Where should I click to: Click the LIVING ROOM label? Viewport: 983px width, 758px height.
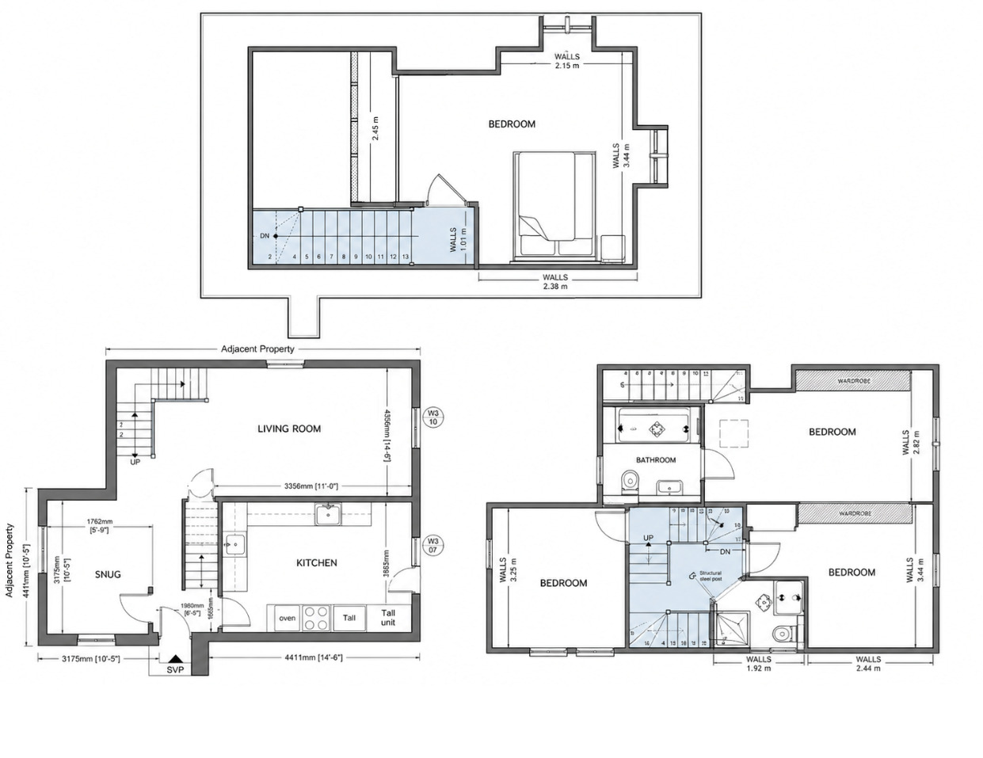click(x=289, y=429)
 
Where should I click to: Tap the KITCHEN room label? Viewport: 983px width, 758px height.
click(x=316, y=563)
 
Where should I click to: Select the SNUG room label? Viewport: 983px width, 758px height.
click(x=109, y=574)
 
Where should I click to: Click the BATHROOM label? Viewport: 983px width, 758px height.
click(x=656, y=460)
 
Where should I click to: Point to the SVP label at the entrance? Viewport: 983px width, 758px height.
click(x=175, y=669)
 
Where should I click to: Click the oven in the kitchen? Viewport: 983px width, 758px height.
click(x=287, y=619)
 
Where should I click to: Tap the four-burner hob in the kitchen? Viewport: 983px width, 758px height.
click(x=317, y=618)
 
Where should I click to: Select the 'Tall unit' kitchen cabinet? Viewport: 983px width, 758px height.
click(x=388, y=618)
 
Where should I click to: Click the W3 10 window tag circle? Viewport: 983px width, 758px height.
click(x=433, y=417)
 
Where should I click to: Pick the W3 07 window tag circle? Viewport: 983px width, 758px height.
click(x=433, y=547)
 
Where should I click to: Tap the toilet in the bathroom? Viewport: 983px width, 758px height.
click(x=631, y=480)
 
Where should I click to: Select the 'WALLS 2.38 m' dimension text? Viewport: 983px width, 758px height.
click(x=555, y=282)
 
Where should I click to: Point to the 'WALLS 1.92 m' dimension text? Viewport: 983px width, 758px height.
click(x=759, y=663)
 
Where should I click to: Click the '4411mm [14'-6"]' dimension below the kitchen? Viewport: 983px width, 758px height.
click(x=314, y=657)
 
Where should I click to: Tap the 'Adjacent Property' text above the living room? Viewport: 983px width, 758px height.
click(x=257, y=349)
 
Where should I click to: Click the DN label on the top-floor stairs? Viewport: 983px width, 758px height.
click(x=265, y=236)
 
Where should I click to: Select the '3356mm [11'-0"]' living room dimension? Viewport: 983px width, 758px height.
click(x=314, y=486)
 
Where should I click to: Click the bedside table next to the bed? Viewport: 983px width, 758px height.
click(x=612, y=248)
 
